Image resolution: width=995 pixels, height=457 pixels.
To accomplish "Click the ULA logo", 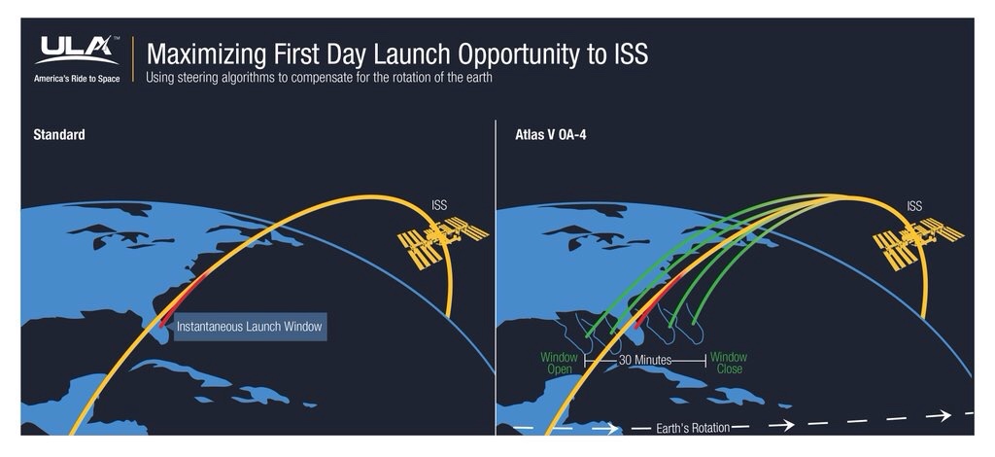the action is (x=77, y=51).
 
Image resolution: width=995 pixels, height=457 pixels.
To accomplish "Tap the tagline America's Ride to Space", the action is (x=77, y=79).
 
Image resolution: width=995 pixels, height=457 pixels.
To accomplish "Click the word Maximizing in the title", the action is (x=206, y=55).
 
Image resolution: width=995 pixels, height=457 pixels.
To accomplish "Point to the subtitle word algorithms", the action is (x=239, y=78).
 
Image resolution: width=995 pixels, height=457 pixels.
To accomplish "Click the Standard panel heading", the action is (x=59, y=134).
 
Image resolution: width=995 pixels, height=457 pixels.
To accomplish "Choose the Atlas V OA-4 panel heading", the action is (x=551, y=134).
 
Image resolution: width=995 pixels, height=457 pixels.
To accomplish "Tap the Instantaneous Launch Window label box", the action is (x=250, y=327).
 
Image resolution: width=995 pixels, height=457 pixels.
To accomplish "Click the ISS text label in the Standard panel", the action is (x=439, y=205).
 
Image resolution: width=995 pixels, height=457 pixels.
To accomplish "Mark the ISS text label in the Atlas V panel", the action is (x=914, y=206).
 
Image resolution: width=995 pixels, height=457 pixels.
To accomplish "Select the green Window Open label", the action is (x=559, y=363).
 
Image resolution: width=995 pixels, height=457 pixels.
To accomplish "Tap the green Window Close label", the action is (x=729, y=363).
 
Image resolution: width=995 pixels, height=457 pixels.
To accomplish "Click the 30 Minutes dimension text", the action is (x=645, y=360).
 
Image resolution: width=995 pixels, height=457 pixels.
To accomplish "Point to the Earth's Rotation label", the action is (x=692, y=428).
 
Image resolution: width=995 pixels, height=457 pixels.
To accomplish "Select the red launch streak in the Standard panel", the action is (x=185, y=299).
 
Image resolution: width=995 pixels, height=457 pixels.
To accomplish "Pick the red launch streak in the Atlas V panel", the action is (x=660, y=300).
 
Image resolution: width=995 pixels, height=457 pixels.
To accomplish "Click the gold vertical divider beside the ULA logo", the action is (x=133, y=59).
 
